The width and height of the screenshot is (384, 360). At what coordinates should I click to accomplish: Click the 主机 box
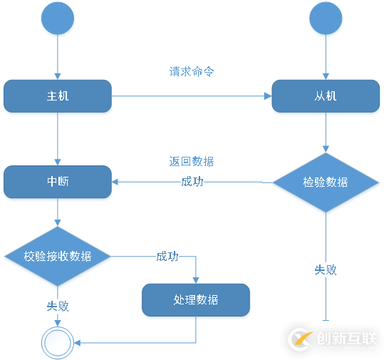tap(58, 96)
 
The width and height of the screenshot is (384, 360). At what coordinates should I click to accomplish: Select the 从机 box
tap(326, 96)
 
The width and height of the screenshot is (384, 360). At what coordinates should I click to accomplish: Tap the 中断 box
tap(58, 182)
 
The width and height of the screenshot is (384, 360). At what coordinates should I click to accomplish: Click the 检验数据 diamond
tap(326, 182)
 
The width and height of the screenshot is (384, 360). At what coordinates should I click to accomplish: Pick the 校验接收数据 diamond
tap(58, 256)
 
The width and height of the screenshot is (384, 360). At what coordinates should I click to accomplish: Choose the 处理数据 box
tap(196, 300)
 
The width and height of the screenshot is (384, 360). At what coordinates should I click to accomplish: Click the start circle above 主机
tap(58, 19)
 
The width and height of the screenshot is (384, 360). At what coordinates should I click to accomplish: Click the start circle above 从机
tap(326, 19)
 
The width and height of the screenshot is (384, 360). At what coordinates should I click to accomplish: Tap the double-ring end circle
tap(58, 344)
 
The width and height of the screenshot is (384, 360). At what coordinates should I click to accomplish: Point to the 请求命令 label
tap(192, 71)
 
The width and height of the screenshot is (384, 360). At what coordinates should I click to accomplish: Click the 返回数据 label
tap(192, 162)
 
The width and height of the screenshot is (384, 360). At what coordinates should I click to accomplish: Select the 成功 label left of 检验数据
tap(192, 182)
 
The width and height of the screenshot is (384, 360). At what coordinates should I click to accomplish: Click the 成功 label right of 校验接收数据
tap(167, 256)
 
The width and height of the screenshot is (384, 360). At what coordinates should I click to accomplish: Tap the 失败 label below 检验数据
tap(326, 270)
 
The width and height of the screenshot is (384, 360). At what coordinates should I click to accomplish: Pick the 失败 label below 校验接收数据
tap(58, 306)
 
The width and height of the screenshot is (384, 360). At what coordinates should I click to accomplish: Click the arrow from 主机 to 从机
tap(192, 96)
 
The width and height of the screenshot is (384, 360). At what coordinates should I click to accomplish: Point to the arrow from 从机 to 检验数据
tap(326, 133)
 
